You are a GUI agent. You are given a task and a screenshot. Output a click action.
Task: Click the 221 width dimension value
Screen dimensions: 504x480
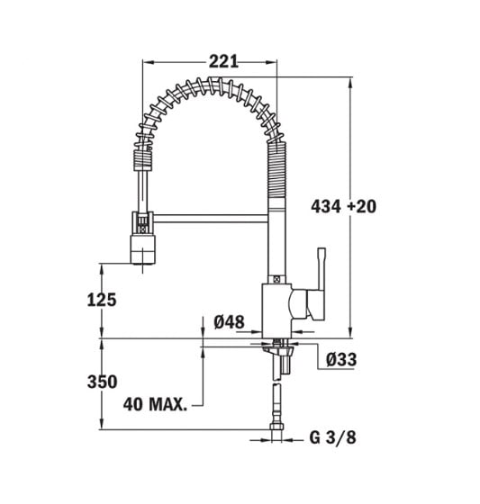[x=222, y=61]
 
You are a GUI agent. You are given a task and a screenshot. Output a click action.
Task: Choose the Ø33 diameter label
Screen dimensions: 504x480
[x=341, y=360]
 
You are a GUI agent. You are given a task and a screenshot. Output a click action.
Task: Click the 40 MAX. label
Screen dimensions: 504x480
[x=154, y=406]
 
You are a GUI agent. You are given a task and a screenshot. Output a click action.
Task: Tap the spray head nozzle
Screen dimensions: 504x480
[x=144, y=249]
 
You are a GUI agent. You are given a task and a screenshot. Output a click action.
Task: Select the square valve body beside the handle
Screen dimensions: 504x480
[x=276, y=305]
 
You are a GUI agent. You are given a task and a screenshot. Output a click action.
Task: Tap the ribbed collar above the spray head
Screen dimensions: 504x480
[x=140, y=163]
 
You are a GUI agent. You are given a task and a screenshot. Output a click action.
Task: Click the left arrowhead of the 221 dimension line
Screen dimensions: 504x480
[x=147, y=61]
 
